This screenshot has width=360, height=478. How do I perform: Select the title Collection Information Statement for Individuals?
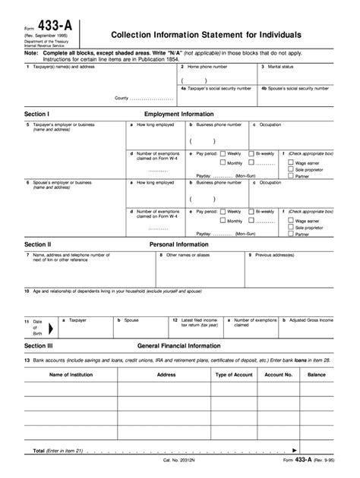tap(206, 35)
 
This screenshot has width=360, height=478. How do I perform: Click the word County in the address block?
tap(122, 99)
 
